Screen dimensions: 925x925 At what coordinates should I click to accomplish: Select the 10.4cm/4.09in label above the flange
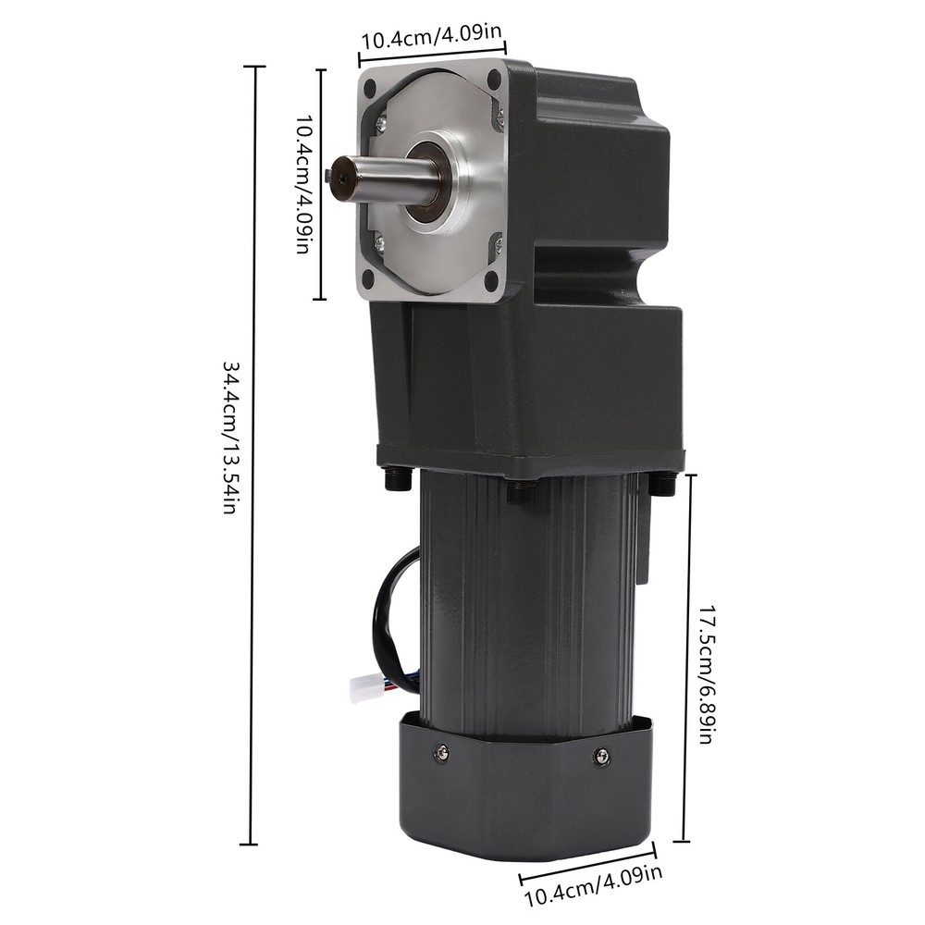[x=431, y=41]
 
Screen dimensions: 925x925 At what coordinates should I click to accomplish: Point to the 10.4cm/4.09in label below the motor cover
[x=593, y=886]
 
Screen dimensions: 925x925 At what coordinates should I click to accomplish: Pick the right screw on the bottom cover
[x=602, y=757]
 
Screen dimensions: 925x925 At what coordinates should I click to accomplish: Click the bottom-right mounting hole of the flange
[x=491, y=281]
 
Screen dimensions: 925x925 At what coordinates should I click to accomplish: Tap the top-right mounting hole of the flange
[x=494, y=80]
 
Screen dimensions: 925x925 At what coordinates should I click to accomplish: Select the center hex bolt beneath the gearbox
[x=521, y=492]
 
